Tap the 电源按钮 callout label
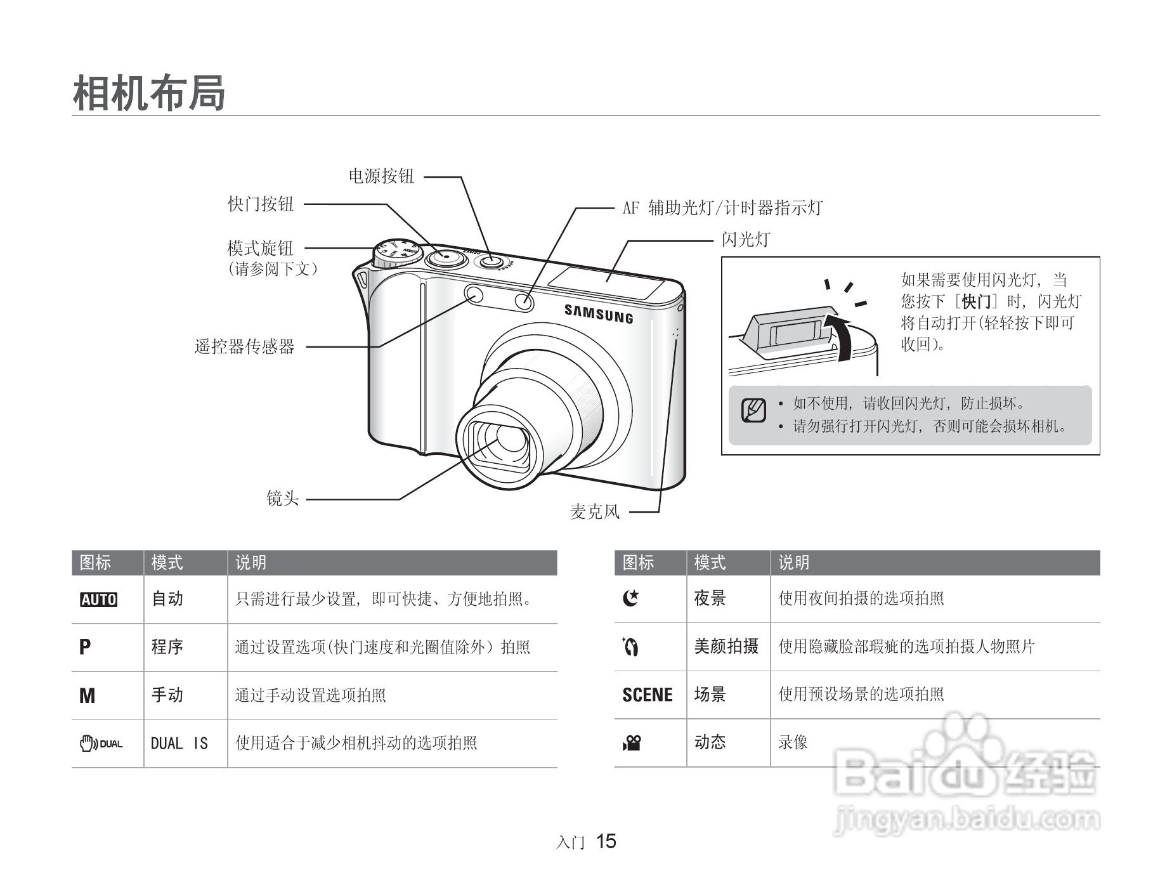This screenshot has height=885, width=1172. tap(381, 176)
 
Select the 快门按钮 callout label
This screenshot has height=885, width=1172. tap(261, 204)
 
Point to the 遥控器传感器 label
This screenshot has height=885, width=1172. tap(244, 346)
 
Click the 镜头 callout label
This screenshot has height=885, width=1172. tap(282, 499)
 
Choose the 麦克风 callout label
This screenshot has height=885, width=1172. tap(594, 511)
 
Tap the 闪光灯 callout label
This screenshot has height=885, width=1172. tap(745, 240)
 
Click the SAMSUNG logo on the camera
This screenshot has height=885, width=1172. tap(599, 313)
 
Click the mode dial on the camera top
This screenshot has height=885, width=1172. tap(394, 253)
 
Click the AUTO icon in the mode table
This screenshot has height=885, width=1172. tap(99, 600)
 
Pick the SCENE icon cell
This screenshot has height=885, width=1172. tap(648, 695)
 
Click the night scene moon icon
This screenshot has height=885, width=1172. tap(630, 598)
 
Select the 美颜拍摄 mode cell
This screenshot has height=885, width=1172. tap(726, 646)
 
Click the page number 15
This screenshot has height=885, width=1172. tap(606, 841)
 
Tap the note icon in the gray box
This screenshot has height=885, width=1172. tap(753, 410)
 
